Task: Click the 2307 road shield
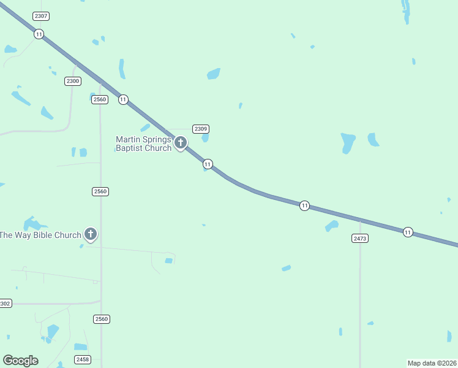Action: pos(42,16)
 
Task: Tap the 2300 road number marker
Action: pos(73,81)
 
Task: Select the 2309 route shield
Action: pos(201,129)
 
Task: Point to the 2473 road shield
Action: pos(360,238)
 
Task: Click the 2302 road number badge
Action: pos(4,304)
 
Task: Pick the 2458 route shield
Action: pos(82,359)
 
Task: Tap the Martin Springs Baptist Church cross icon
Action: pos(180,143)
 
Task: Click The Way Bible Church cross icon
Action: pos(91,234)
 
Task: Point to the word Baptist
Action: pos(130,148)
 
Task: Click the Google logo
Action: pos(20,361)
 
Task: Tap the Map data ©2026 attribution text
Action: pos(432,363)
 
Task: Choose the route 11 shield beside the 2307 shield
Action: pos(39,34)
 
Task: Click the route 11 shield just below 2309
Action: pos(208,164)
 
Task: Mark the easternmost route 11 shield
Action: pos(408,232)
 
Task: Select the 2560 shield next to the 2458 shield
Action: pos(102,319)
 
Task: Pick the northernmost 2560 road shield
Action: pos(100,99)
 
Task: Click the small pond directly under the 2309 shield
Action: pos(205,138)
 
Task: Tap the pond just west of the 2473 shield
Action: pos(332,226)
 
